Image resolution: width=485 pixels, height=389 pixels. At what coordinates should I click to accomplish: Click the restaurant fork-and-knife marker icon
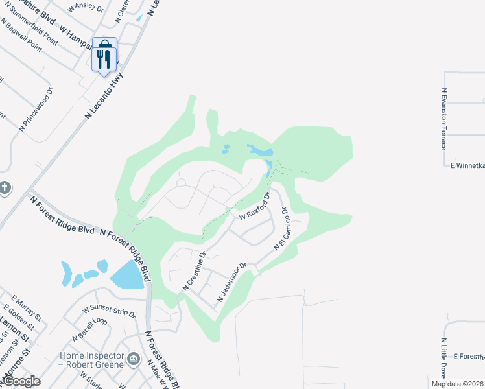tap(105, 60)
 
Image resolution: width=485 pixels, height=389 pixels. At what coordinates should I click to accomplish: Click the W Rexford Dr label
tap(255, 206)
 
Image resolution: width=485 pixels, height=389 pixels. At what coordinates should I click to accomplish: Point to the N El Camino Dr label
tap(280, 229)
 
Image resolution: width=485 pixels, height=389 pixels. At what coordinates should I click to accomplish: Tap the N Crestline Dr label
tap(195, 270)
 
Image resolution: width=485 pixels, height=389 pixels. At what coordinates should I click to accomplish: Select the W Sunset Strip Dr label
tap(110, 312)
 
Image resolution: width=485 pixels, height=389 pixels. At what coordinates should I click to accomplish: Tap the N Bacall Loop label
tap(93, 329)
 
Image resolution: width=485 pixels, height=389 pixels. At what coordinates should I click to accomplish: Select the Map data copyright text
tap(458, 384)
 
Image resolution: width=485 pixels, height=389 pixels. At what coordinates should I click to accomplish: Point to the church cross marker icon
tap(5, 188)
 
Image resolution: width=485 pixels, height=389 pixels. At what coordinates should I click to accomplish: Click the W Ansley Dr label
tap(87, 7)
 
